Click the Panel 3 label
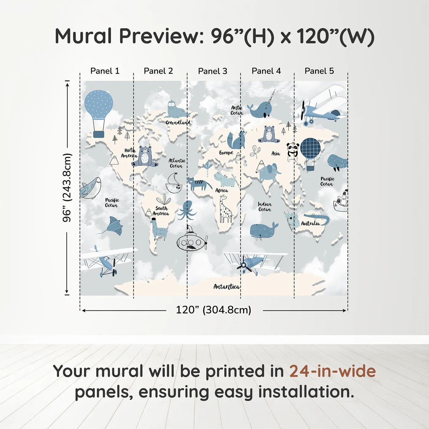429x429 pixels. (212, 71)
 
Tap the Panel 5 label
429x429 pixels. (319, 71)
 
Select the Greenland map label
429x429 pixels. (178, 123)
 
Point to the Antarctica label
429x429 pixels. (226, 287)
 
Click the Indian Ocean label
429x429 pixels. (264, 207)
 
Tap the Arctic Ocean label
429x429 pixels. (237, 110)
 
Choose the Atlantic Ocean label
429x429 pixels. (177, 163)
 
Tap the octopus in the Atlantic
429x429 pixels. (187, 210)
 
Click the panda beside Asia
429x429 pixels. (293, 152)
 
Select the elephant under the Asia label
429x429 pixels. (269, 173)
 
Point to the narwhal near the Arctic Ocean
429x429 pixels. (260, 109)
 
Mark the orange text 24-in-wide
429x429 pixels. (332, 371)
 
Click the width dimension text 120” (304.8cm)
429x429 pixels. (214, 310)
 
